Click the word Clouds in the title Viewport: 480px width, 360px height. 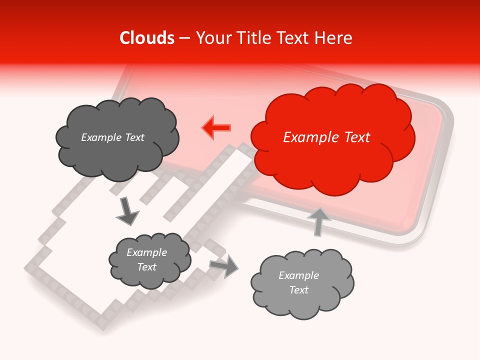pos(147,38)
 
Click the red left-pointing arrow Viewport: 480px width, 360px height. pos(216,127)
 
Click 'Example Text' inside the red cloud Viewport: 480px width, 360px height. pos(326,137)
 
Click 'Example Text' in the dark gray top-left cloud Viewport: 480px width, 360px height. pos(112,137)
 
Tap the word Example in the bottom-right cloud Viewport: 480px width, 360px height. pos(298,275)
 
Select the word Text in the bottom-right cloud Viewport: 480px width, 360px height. pos(298,290)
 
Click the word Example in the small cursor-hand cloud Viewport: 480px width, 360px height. pos(146,252)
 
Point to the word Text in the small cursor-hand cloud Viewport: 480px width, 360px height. pos(146,267)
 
